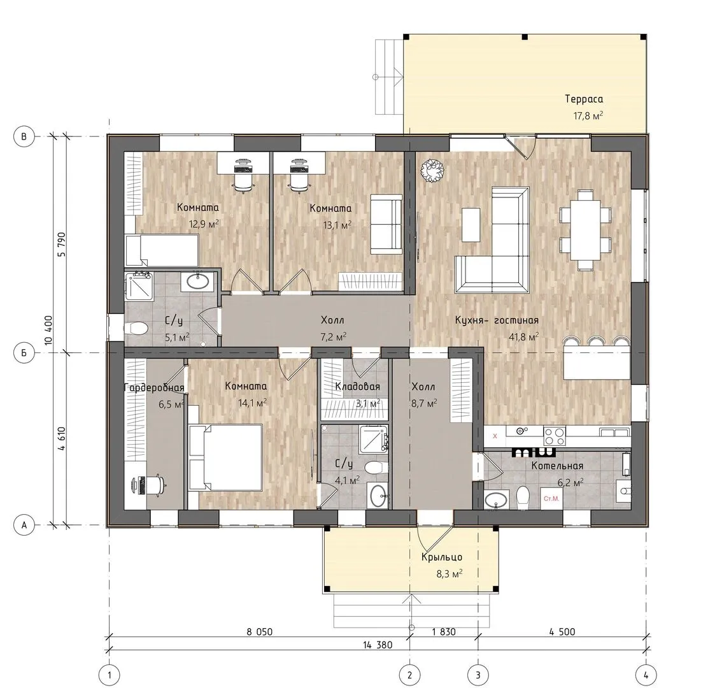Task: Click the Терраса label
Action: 583,99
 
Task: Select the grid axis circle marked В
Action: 24,136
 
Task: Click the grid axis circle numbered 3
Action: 478,675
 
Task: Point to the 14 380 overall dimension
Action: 378,645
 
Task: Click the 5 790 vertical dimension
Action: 61,245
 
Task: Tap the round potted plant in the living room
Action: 432,171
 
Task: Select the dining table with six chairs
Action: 585,231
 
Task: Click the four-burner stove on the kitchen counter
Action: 555,436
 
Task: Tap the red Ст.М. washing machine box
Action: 551,499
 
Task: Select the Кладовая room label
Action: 357,387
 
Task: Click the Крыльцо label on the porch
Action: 442,557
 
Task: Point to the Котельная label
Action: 557,465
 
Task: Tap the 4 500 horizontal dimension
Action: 562,631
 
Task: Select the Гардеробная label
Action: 154,387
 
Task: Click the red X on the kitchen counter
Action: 495,436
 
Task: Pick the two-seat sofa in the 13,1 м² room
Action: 386,224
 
